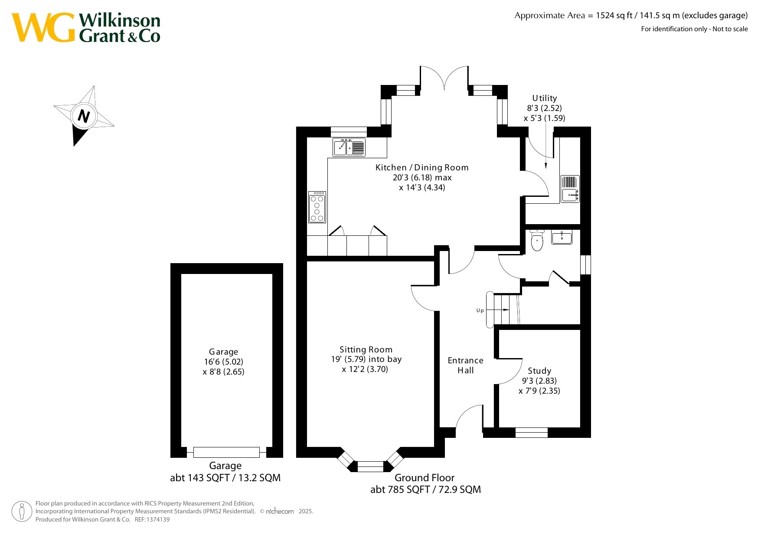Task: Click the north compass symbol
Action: click(83, 116)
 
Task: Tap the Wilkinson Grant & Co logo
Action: click(86, 27)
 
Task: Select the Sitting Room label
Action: click(366, 349)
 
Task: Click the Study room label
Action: click(539, 371)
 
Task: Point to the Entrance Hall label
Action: click(465, 365)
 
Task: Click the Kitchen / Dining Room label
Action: click(422, 167)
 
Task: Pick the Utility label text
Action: click(545, 98)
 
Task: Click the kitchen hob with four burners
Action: click(317, 207)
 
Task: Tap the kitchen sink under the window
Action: click(349, 147)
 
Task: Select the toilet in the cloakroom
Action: click(537, 241)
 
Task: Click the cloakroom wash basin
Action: click(562, 237)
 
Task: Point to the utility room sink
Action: click(570, 189)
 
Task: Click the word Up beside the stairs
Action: click(480, 310)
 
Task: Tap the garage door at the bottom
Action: click(226, 452)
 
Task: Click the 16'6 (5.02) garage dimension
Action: click(224, 362)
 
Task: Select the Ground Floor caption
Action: click(425, 478)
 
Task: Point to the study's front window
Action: click(532, 432)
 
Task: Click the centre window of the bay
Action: click(370, 466)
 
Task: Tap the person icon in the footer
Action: click(22, 512)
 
